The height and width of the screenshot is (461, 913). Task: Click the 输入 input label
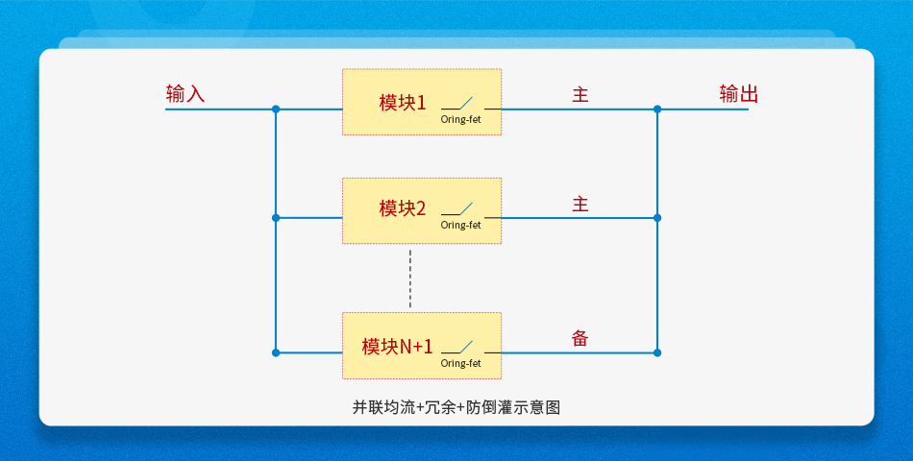(185, 94)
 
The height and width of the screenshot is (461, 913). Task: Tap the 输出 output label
(739, 94)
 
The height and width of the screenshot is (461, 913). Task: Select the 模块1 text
(403, 103)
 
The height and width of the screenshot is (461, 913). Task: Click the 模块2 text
(403, 208)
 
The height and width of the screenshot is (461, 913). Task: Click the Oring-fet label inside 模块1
(460, 120)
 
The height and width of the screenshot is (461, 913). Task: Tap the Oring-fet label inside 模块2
(460, 225)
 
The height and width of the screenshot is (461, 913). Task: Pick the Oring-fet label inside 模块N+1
(460, 363)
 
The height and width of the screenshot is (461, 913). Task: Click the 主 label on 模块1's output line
(580, 95)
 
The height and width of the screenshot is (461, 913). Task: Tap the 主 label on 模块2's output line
(580, 205)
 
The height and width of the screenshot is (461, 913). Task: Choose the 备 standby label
(580, 338)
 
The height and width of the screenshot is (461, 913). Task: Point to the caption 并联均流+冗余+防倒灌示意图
(456, 407)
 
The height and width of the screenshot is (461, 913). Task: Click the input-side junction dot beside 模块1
(276, 109)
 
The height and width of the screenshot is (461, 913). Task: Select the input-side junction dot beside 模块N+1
(276, 352)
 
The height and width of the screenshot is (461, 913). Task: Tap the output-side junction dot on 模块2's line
(657, 218)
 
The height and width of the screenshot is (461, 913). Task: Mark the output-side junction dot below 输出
(657, 109)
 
